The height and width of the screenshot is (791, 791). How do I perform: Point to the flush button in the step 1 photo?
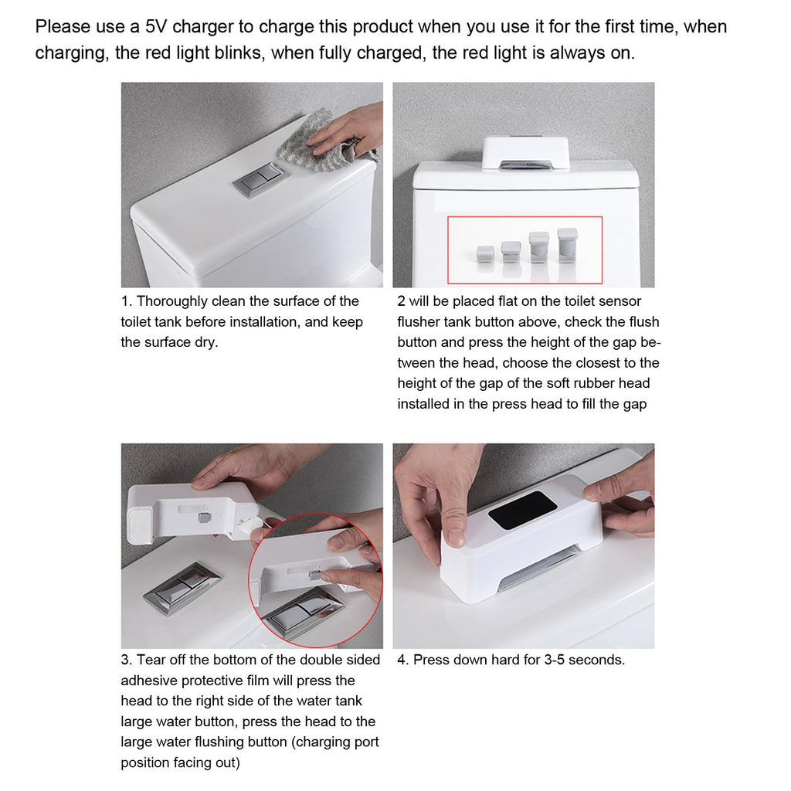coord(260,179)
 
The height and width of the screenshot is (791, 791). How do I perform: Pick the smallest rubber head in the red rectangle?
coord(485,254)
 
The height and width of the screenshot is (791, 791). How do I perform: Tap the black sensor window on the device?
coord(522,510)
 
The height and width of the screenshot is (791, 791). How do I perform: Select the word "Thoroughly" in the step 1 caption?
coord(172,301)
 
